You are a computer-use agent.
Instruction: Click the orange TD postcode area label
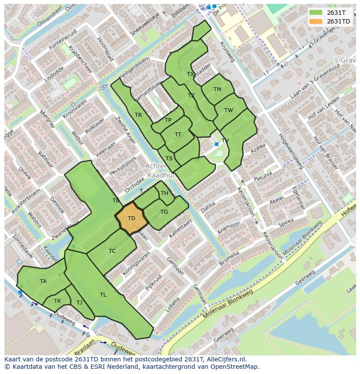click(x=131, y=218)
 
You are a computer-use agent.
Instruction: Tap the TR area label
click(x=138, y=115)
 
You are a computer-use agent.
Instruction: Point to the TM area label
click(x=217, y=89)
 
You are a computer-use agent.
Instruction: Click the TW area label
click(x=229, y=110)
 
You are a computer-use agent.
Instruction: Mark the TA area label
click(x=43, y=281)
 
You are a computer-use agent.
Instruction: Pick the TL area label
click(x=103, y=295)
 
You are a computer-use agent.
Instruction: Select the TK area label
click(x=57, y=301)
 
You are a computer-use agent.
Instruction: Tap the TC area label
click(x=112, y=251)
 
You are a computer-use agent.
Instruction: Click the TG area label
click(x=164, y=212)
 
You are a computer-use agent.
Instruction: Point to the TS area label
click(x=169, y=159)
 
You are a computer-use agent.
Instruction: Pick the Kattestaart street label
click(x=180, y=228)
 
